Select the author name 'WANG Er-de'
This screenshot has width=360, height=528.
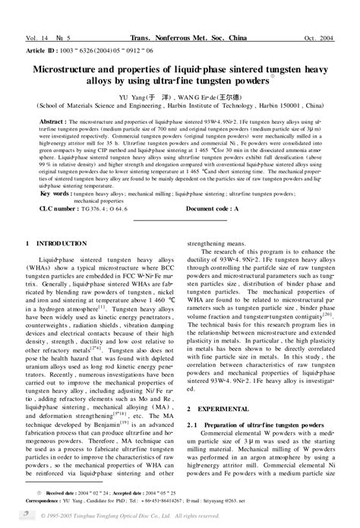point(187,98)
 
